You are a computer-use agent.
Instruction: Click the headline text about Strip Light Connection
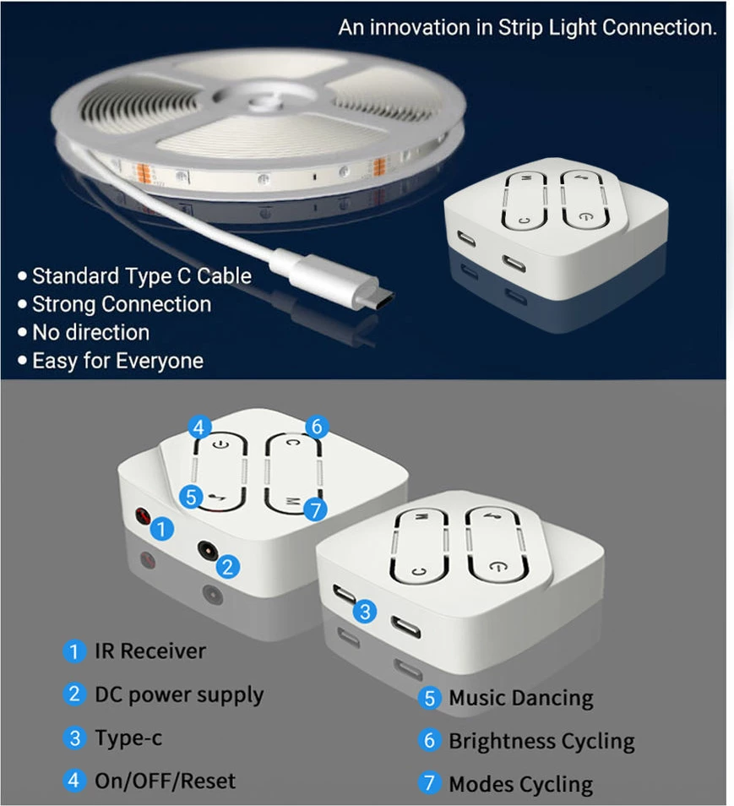[527, 27]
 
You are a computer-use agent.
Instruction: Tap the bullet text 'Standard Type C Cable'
[141, 276]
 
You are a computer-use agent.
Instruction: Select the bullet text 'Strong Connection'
[121, 304]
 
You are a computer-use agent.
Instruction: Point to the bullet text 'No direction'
[90, 332]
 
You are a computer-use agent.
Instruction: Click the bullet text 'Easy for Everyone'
[117, 361]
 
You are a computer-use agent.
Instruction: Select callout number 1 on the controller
[163, 530]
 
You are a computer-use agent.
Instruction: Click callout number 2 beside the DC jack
[227, 567]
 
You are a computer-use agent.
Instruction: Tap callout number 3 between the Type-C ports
[364, 612]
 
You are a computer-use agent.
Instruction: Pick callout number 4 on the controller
[199, 428]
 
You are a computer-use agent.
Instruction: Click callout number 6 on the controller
[317, 427]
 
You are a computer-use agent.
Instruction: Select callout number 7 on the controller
[316, 509]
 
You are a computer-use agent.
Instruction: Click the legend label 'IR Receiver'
[150, 651]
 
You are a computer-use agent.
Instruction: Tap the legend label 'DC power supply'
[178, 695]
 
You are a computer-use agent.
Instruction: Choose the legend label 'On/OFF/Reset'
[165, 781]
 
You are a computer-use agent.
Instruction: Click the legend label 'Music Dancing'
[520, 699]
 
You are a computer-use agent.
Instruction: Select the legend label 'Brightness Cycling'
[541, 742]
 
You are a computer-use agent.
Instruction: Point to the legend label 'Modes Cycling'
[520, 784]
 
